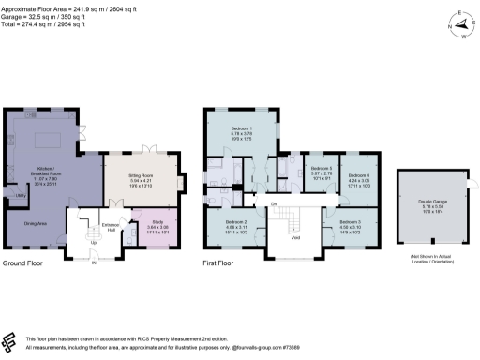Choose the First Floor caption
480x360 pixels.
(221, 265)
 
